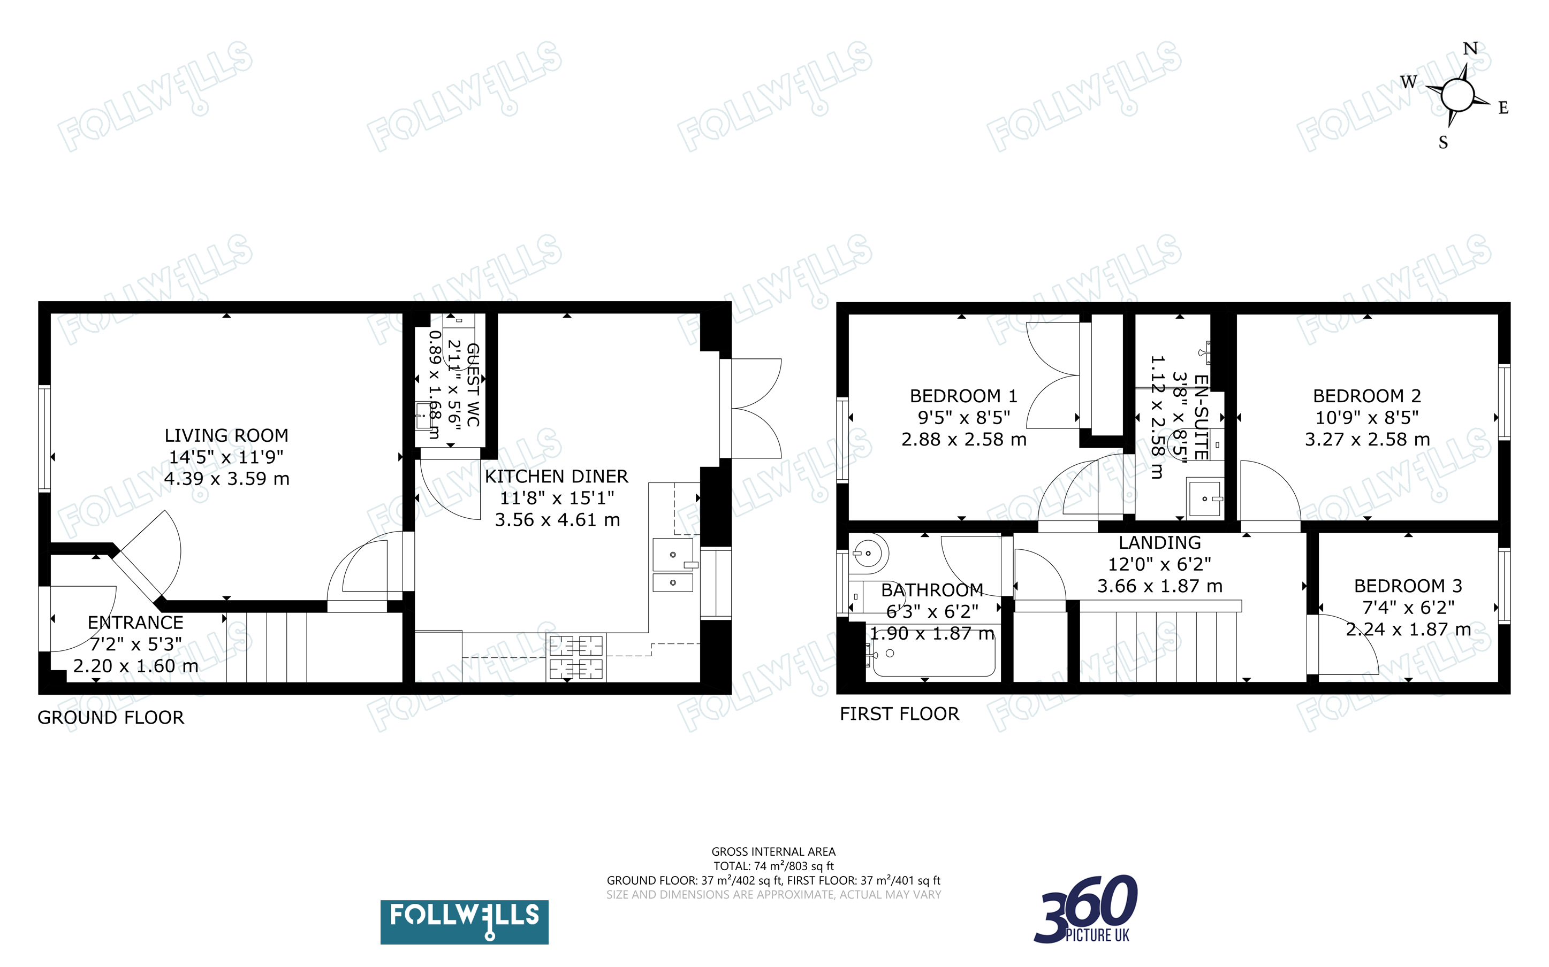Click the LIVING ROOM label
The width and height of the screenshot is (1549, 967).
pos(226,435)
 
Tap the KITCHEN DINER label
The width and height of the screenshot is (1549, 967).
pos(557,477)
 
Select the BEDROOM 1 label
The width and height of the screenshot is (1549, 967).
pos(963,396)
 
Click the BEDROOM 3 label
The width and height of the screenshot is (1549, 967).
pos(1408,586)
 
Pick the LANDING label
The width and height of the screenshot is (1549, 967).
pos(1160,543)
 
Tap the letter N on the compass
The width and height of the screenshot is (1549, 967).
pos(1470,49)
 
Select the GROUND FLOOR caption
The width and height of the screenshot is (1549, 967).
pos(111,718)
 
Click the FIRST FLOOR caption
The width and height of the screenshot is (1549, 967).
pos(900,713)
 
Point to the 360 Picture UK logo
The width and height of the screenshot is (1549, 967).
pos(1086,909)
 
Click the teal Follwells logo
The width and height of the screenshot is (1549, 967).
pos(465,922)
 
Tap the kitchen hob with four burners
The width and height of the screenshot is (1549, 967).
pos(576,657)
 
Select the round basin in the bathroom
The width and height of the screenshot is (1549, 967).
pos(868,553)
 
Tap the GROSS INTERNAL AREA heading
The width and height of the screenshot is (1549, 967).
pos(773,852)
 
